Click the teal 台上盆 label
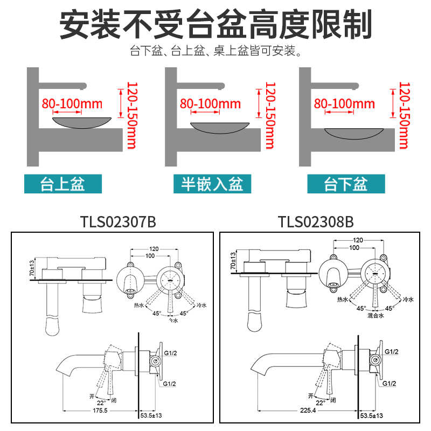click(62, 184)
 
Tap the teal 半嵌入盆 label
click(208, 184)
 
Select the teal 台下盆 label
click(346, 184)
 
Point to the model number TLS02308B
click(316, 221)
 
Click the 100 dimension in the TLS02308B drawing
click(354, 247)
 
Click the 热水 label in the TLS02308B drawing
click(343, 299)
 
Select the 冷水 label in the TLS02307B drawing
click(201, 305)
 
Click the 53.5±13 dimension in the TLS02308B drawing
click(372, 415)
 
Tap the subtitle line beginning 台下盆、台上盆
click(215, 52)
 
